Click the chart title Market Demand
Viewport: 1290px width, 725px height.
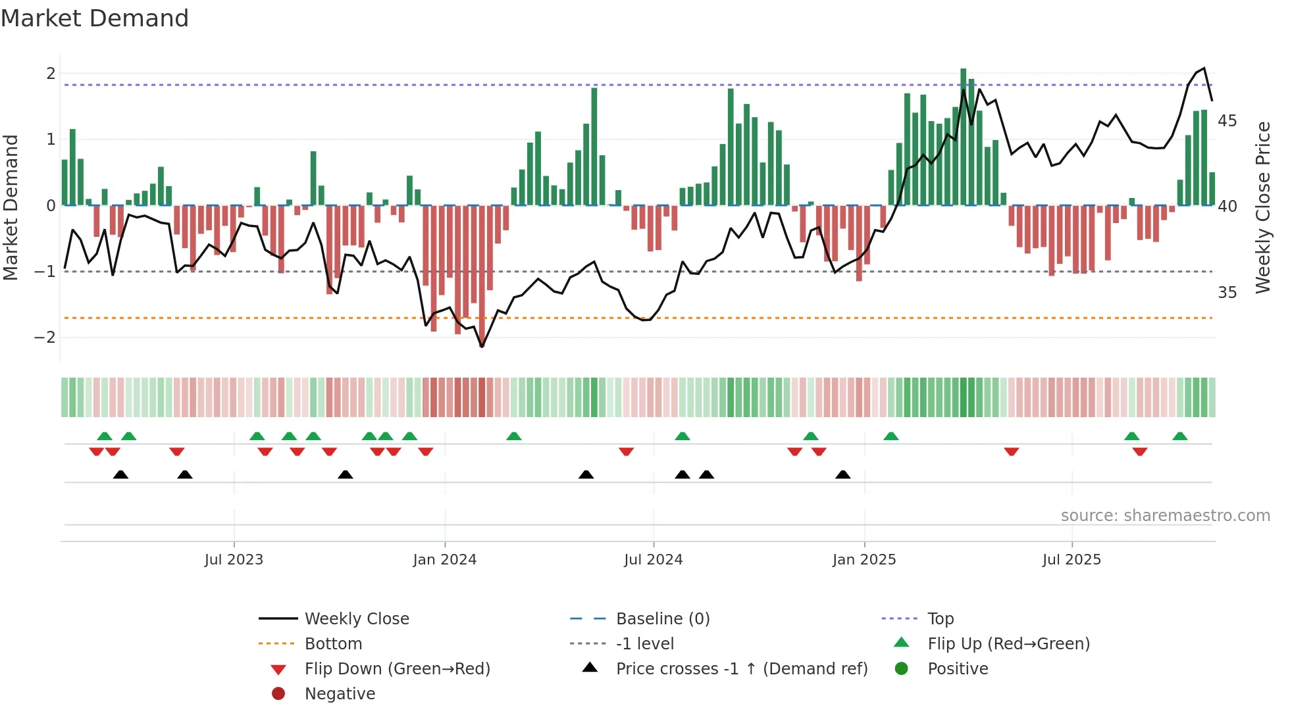95,18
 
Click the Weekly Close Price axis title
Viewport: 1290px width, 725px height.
1262,207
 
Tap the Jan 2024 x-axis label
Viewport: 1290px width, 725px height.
444,560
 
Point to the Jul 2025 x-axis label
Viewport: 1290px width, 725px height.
1071,560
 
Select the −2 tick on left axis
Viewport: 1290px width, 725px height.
45,337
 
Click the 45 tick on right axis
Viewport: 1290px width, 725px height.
1227,121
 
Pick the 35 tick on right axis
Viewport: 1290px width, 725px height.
1227,293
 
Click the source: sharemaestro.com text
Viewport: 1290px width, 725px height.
1165,516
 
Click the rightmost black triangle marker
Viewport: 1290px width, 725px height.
843,475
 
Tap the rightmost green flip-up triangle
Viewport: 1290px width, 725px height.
1180,437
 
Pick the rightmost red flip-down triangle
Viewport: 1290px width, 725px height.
1140,451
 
